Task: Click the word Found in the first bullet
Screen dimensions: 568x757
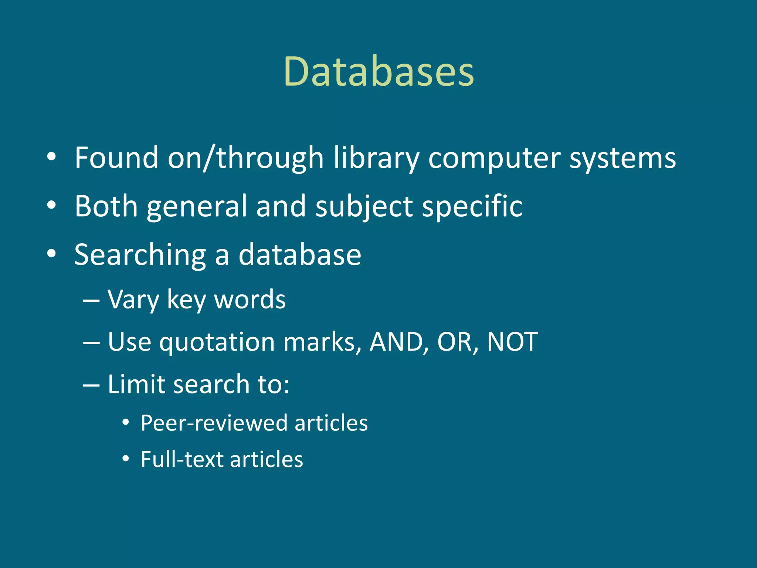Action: point(116,158)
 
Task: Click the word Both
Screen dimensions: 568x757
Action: point(106,206)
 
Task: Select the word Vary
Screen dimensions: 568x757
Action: point(133,300)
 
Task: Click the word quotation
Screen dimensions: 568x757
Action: point(217,342)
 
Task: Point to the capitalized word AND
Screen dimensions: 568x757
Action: point(396,342)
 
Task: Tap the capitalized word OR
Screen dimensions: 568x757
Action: point(455,342)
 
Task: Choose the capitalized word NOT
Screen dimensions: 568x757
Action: point(512,342)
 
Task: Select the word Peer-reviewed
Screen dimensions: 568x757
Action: point(214,423)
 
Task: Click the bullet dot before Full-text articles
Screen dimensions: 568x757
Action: point(126,459)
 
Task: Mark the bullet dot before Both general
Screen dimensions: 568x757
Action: point(51,205)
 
